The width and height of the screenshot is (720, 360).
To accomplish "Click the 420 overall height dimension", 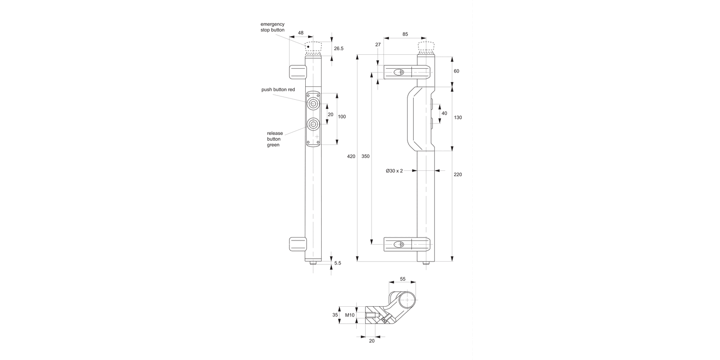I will [x=351, y=156].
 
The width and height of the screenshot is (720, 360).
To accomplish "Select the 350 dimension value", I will [x=366, y=156].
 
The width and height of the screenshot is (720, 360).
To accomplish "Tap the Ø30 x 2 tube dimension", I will [x=394, y=170].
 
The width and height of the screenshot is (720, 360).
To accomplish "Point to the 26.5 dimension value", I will [x=338, y=48].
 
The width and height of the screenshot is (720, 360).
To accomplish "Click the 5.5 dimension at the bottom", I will [x=337, y=263].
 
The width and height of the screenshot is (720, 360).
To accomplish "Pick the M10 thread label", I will [x=349, y=315].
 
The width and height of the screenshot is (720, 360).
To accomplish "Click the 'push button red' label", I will [x=278, y=90].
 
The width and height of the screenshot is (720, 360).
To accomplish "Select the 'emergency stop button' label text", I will [x=273, y=27].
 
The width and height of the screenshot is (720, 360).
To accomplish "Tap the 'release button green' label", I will [x=275, y=139].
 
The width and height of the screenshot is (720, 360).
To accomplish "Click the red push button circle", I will [x=313, y=103].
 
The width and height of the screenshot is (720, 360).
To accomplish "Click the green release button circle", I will [x=313, y=124].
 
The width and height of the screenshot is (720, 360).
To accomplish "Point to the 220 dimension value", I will [x=457, y=175].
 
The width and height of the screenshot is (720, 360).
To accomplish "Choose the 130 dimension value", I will [x=457, y=118].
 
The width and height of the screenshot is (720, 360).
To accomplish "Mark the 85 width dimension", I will [x=405, y=34].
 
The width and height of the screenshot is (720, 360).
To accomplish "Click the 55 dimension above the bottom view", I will [x=402, y=279].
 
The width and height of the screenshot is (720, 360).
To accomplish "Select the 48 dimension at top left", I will [x=300, y=33].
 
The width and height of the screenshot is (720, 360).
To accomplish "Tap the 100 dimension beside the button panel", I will [x=342, y=117].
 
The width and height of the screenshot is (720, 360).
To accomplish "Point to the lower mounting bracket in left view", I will [x=297, y=244].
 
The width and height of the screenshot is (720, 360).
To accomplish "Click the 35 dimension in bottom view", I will [x=335, y=315].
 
